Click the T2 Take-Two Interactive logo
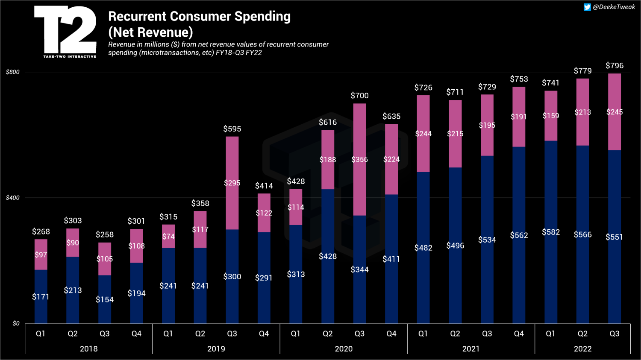pos(65,32)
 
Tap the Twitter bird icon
pos(587,7)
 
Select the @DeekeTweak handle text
pos(614,7)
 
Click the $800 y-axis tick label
pos(13,72)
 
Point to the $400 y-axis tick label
pos(13,198)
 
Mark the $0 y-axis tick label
pos(16,323)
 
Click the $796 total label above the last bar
pos(615,65)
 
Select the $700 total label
pos(359,96)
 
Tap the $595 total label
pos(232,129)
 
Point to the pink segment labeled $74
pos(168,236)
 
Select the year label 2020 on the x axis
pos(344,349)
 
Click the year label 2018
pos(89,349)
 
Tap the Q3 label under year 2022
pos(615,334)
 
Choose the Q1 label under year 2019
pos(168,334)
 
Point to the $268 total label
pos(41,231)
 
